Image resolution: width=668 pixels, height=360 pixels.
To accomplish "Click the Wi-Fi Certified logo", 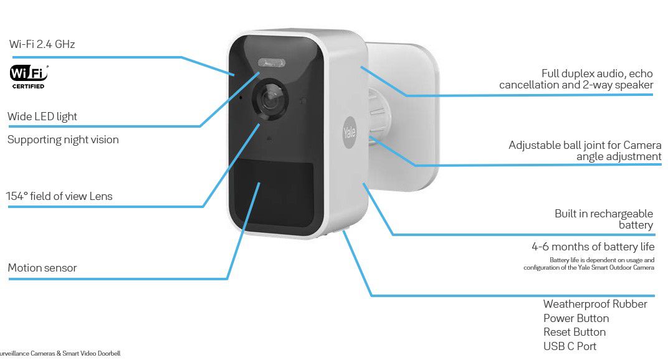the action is click(29, 77).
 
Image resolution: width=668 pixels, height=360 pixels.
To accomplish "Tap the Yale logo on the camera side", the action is click(350, 133).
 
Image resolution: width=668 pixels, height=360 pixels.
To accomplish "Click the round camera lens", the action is click(270, 99).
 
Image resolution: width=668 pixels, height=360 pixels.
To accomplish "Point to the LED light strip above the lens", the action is click(272, 63).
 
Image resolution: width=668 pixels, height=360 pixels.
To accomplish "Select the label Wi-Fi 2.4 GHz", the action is click(42, 44).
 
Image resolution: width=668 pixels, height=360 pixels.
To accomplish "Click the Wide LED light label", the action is click(42, 116).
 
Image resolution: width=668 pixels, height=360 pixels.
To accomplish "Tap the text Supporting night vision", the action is click(63, 140).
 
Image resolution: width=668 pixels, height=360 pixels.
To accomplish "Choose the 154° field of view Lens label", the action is click(59, 196).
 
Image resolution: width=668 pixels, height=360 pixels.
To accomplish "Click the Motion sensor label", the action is click(42, 268).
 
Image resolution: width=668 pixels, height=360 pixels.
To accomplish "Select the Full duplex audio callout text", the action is click(576, 79).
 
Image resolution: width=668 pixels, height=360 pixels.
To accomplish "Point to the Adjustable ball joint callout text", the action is click(585, 151).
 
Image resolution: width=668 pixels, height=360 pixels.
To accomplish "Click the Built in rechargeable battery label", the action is click(604, 219).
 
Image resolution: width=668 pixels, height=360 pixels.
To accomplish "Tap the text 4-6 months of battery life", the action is click(593, 247).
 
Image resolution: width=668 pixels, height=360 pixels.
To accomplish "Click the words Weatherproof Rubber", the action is click(595, 304).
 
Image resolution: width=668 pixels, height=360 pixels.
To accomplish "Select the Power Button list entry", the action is click(576, 318).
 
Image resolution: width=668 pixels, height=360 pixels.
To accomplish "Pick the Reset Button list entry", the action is click(575, 332).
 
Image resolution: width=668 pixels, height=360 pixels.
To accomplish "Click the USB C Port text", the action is click(570, 346).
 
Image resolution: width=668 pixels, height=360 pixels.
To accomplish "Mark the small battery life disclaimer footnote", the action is click(589, 263).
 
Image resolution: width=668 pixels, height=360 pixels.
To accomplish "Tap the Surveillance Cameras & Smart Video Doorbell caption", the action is click(60, 353).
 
